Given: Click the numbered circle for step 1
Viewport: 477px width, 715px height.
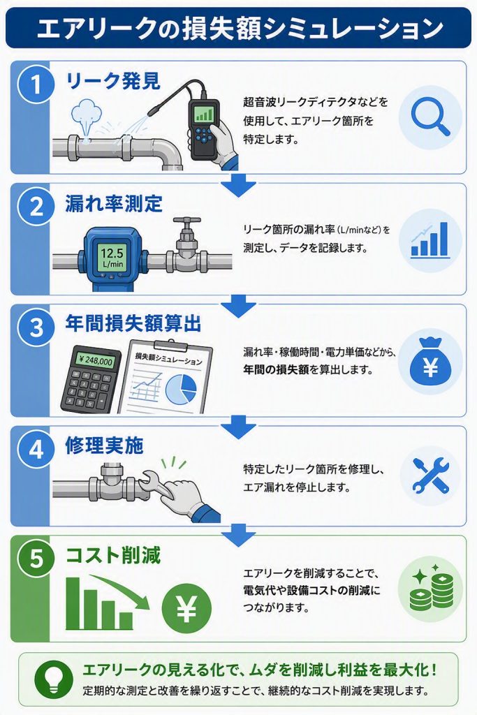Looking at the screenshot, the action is click(36, 84).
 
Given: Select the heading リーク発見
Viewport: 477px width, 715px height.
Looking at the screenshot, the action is click(113, 81).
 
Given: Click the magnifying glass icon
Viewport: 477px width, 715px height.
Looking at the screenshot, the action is click(430, 117).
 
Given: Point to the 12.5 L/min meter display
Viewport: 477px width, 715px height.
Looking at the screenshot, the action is click(112, 258).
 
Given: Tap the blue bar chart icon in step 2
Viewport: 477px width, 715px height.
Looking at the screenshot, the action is click(430, 239).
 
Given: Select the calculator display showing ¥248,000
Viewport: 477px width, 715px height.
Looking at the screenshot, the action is click(95, 361).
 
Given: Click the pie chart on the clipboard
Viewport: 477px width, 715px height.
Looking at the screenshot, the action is click(181, 388).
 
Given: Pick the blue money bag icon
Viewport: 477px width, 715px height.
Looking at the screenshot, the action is click(430, 361).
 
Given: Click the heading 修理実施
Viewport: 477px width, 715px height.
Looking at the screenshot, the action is click(105, 445).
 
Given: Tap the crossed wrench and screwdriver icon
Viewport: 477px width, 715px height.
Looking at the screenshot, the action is click(430, 476).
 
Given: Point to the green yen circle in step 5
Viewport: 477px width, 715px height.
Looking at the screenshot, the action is click(186, 608).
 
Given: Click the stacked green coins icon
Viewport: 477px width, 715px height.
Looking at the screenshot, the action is click(430, 588).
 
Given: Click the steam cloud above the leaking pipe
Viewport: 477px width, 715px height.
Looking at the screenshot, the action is click(87, 114).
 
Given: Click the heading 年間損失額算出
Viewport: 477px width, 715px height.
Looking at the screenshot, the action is click(133, 324).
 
